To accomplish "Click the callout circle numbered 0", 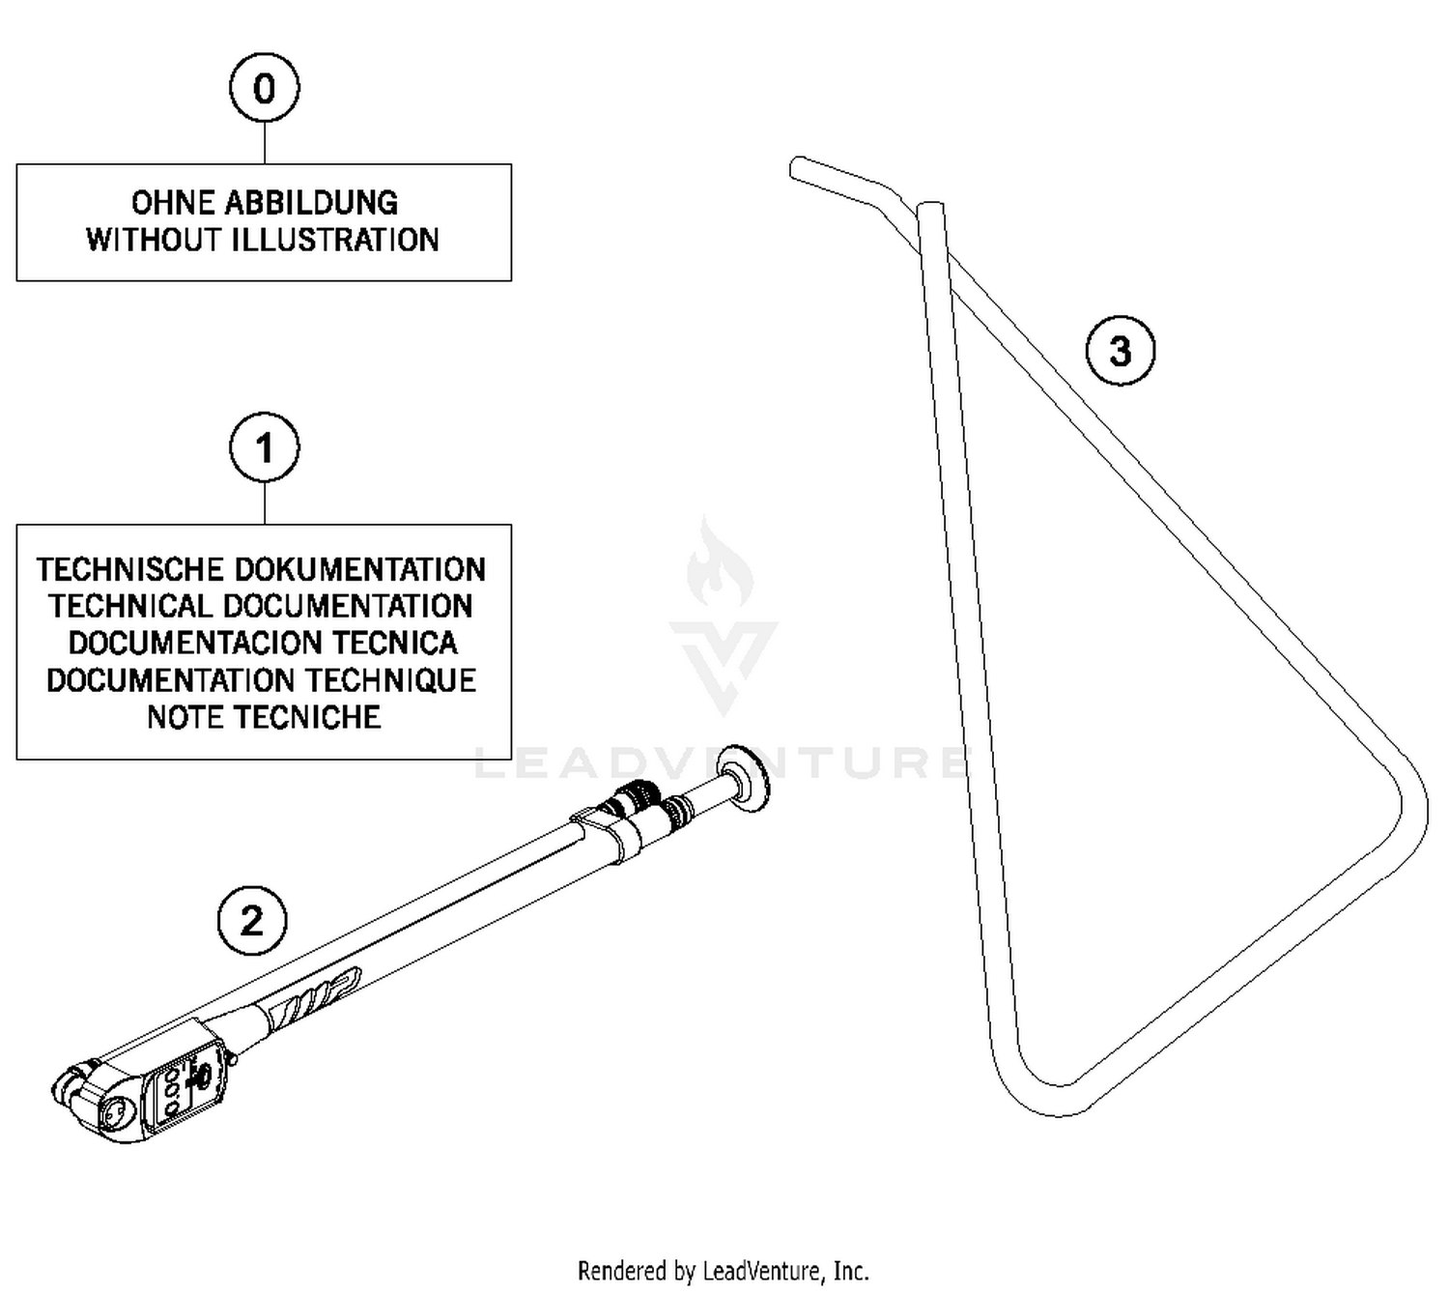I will (x=264, y=88).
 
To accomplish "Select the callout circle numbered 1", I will (x=264, y=448).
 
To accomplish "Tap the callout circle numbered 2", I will (x=251, y=920).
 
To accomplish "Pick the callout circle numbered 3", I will (x=1120, y=351).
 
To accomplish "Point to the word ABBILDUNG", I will (x=311, y=203).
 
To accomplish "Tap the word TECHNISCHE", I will (x=130, y=569).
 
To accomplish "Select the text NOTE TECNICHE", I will (x=264, y=717).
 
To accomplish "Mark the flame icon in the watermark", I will (x=720, y=565).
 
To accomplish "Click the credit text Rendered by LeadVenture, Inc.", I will (x=723, y=1270).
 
